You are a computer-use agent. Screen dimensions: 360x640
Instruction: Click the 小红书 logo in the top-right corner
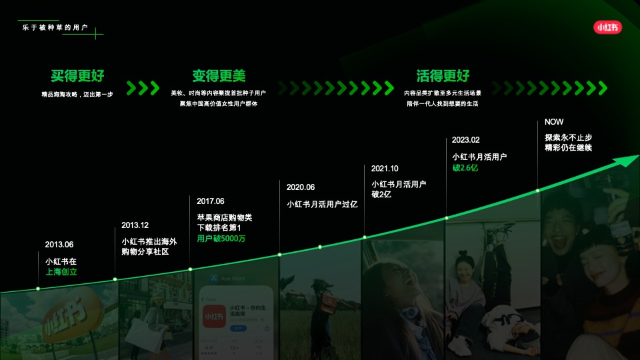click(x=607, y=27)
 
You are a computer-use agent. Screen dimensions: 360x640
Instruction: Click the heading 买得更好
click(x=77, y=76)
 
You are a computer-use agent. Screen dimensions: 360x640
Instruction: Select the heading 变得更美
click(x=219, y=76)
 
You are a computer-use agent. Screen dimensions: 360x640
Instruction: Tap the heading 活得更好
click(x=443, y=76)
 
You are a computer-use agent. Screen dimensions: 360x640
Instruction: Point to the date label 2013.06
click(x=59, y=244)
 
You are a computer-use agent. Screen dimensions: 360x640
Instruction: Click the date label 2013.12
click(x=135, y=225)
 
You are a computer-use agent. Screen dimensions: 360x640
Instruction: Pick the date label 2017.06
click(x=211, y=201)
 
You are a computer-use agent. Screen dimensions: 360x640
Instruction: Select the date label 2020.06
click(x=301, y=187)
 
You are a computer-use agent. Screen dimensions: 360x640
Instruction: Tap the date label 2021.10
click(x=385, y=169)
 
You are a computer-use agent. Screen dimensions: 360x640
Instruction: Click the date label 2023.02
click(x=465, y=140)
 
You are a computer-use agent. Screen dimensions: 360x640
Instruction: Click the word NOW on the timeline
click(x=554, y=122)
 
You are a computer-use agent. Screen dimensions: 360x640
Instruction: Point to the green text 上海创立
click(x=61, y=272)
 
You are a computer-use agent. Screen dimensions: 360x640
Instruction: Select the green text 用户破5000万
click(x=221, y=239)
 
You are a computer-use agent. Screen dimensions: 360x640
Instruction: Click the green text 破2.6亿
click(x=465, y=168)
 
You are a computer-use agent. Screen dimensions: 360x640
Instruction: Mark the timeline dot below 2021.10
click(x=365, y=237)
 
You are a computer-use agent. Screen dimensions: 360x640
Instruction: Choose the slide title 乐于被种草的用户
click(x=55, y=27)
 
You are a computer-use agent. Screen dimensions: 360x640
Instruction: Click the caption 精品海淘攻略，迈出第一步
click(x=77, y=94)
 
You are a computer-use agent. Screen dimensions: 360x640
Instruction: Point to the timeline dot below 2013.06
click(x=38, y=289)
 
